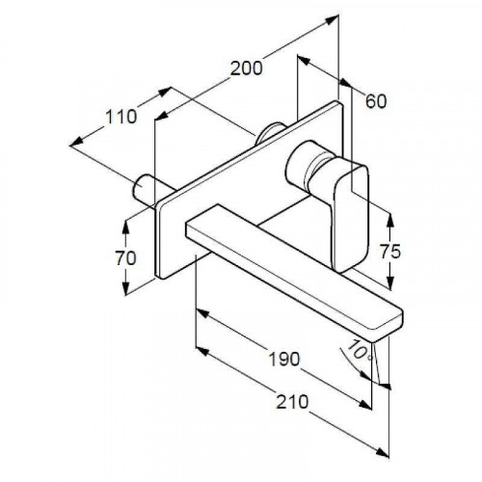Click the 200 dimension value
(247, 68)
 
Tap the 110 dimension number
(121, 117)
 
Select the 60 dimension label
(376, 101)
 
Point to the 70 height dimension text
(125, 258)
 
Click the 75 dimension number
(390, 252)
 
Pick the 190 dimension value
(284, 359)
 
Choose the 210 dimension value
(292, 402)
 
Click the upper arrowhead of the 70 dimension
(125, 227)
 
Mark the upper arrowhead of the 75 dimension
(390, 219)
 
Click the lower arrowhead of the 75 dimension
(390, 283)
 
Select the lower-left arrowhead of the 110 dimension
(76, 143)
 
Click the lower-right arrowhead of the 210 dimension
(383, 452)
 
